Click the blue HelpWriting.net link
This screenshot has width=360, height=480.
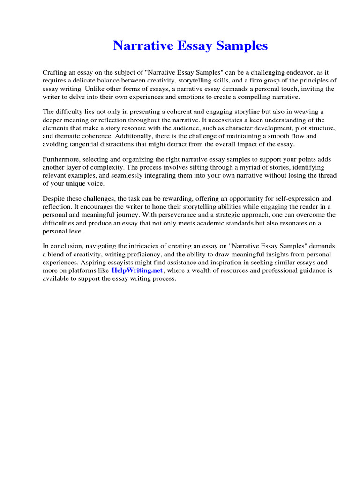(x=137, y=270)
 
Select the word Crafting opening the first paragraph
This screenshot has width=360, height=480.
(x=54, y=72)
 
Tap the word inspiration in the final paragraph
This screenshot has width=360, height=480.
(x=216, y=262)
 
